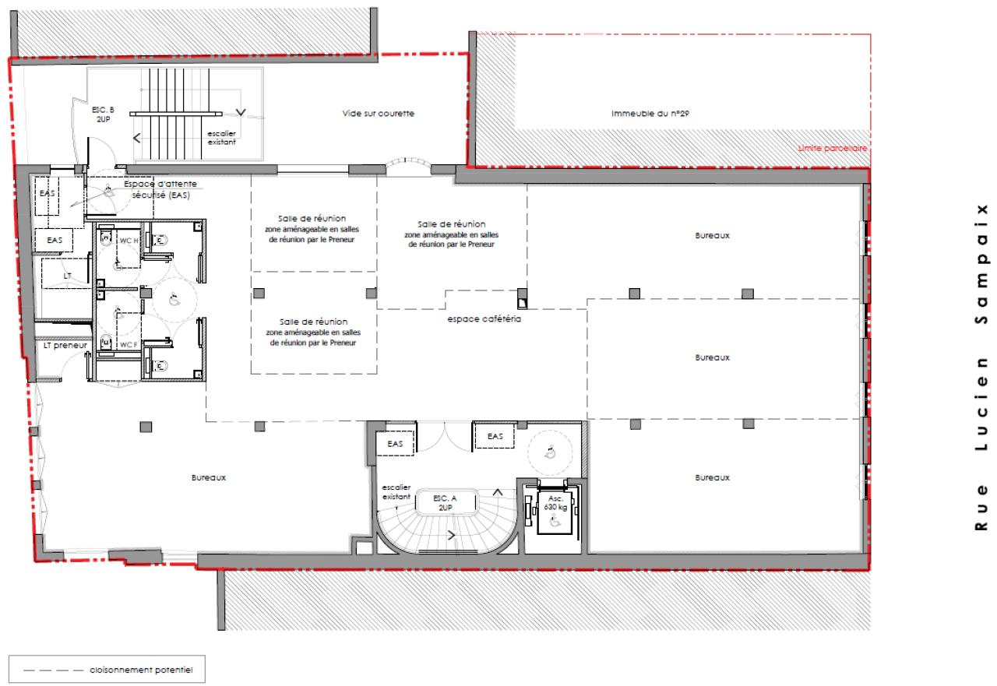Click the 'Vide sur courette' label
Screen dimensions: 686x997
378,114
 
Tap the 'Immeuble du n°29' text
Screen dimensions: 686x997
651,114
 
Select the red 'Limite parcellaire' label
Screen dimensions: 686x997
833,147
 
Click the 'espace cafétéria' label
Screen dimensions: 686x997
483,319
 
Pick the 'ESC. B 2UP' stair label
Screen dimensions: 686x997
103,115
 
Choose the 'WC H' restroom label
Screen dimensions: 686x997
126,240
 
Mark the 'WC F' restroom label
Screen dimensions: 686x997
126,344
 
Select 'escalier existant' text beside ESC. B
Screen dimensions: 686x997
220,138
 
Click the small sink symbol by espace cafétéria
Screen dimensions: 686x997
523,297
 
